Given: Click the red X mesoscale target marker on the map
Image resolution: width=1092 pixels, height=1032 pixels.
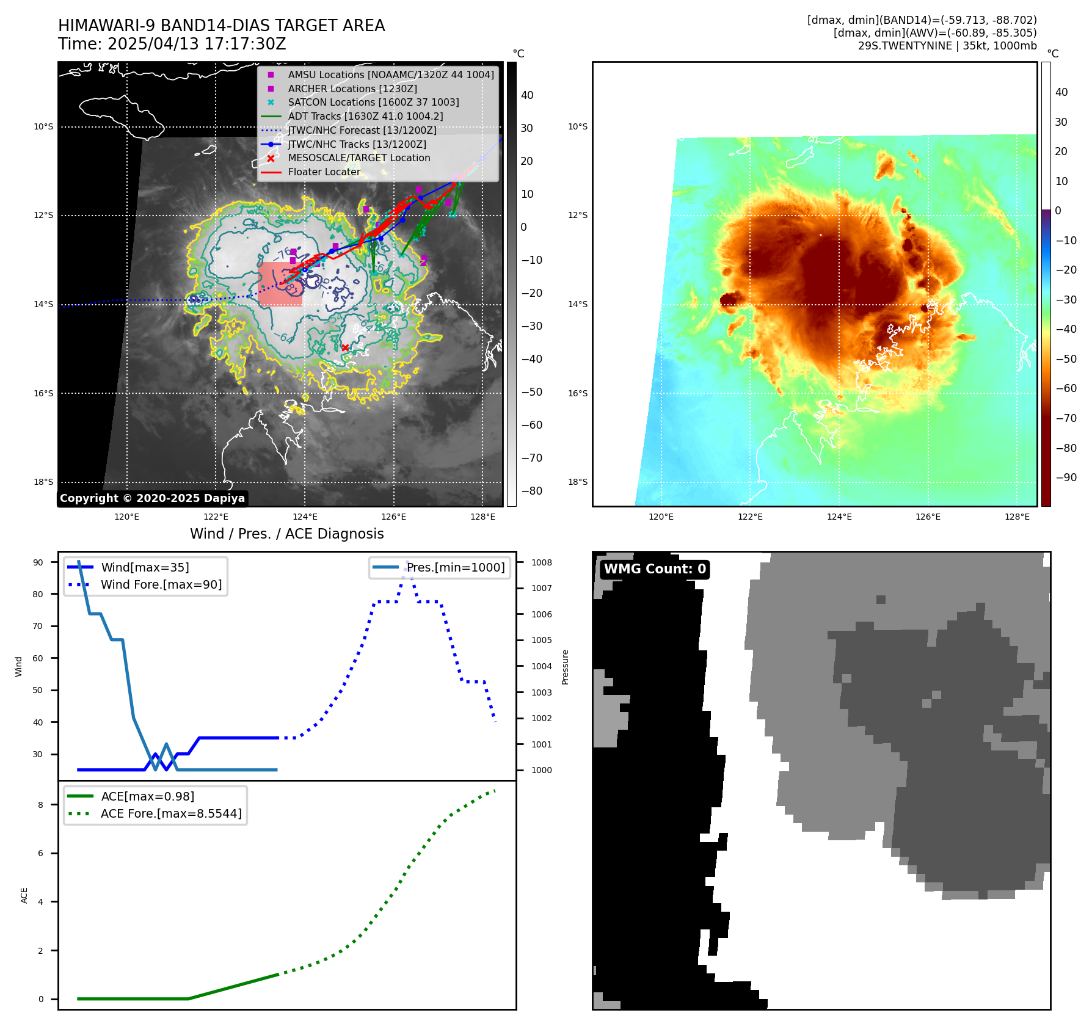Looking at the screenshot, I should (x=345, y=347).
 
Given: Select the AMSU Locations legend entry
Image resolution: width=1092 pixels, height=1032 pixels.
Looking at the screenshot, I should (x=391, y=74).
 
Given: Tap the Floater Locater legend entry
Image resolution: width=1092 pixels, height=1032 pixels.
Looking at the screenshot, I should (x=324, y=172).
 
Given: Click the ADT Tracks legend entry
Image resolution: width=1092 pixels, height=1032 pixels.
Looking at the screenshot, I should (x=365, y=116).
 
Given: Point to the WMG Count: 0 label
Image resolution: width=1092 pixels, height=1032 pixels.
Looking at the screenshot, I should (x=655, y=569).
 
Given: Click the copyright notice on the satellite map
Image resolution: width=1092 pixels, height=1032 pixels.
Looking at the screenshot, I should (x=152, y=498).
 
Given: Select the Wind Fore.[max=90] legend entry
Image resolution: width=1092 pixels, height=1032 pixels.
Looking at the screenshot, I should (x=161, y=584).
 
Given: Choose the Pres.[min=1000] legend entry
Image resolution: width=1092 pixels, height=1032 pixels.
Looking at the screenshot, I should (x=456, y=567).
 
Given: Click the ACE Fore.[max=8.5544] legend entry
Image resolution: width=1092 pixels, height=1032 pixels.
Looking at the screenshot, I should (x=171, y=813).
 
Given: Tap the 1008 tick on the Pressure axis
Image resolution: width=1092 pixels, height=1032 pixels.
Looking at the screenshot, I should (x=541, y=562).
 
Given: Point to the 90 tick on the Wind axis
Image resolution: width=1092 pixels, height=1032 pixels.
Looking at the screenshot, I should (x=38, y=562).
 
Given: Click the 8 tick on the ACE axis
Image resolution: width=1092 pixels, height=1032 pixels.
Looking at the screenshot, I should (x=41, y=805).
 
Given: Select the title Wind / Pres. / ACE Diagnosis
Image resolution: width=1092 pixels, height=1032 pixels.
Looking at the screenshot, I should (x=287, y=534).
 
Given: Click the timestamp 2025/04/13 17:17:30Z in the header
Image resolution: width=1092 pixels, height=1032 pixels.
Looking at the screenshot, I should (x=197, y=44).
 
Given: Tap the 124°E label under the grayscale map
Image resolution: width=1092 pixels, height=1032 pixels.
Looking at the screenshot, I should (x=305, y=517).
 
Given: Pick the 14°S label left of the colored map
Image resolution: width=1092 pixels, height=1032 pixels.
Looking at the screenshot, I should (x=578, y=304).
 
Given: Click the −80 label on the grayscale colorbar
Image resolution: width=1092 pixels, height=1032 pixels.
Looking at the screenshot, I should (x=531, y=491).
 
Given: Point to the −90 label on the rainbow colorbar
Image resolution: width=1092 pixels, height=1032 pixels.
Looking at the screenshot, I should (x=1066, y=478).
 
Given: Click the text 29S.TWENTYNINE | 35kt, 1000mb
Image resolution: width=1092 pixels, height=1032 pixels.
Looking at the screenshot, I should (x=947, y=46).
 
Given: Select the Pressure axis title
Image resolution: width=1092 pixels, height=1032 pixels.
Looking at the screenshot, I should (x=565, y=667).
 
